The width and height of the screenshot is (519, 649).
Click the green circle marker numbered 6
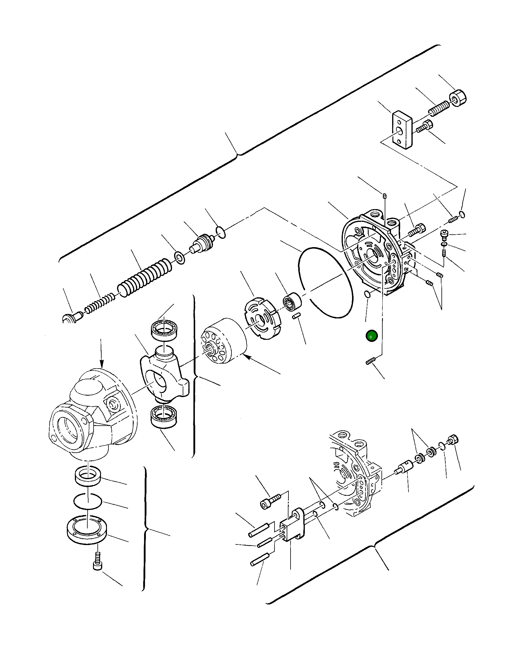pyautogui.click(x=371, y=336)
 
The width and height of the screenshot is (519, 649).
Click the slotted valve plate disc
pyautogui.click(x=261, y=318)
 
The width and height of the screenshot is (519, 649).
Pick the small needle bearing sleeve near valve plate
pyautogui.click(x=292, y=301)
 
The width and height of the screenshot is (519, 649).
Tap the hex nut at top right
pyautogui.click(x=458, y=98)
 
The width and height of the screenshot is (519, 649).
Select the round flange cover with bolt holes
pyautogui.click(x=87, y=529)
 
